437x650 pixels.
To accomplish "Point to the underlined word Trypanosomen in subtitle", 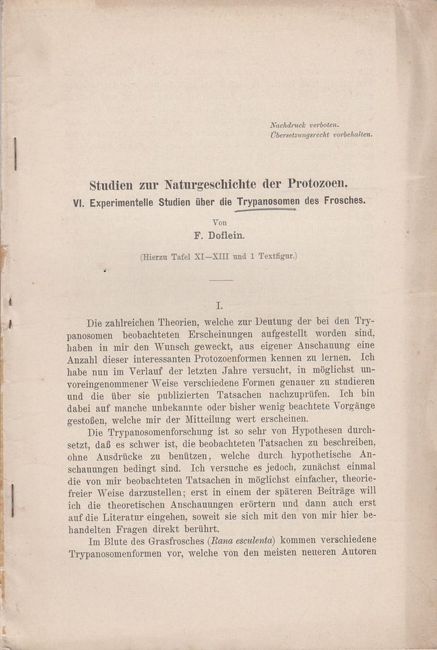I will pos(268,201).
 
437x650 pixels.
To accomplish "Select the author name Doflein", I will pos(227,235).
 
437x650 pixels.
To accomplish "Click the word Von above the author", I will pos(219,222).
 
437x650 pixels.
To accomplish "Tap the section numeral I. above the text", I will pos(219,305).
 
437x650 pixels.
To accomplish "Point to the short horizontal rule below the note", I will pos(221,280).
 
